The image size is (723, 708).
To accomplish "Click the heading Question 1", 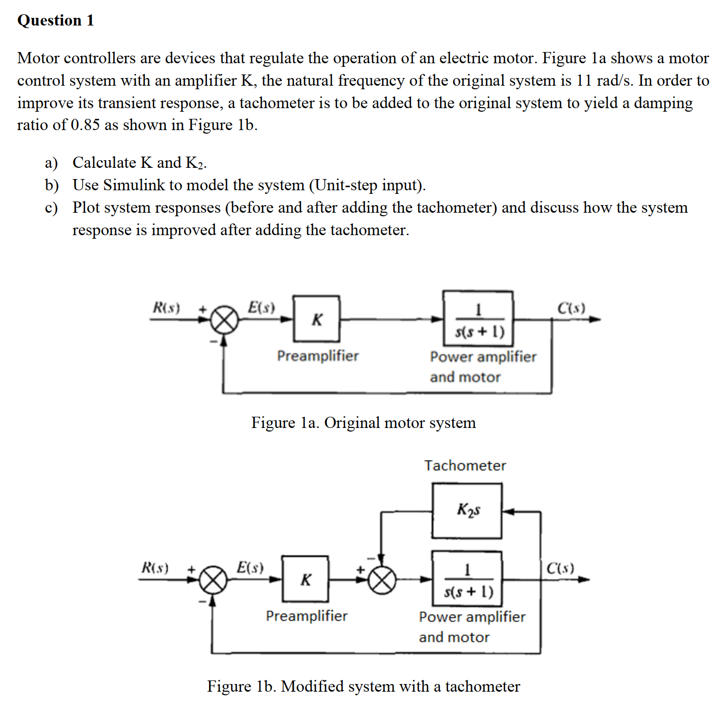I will click(x=56, y=20).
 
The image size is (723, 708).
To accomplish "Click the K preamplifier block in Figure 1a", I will click(x=316, y=319).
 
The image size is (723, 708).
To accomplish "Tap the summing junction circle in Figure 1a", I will click(x=224, y=320).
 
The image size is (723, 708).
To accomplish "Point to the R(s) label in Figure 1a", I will click(x=166, y=308).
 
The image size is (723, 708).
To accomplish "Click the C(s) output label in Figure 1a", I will click(x=571, y=308).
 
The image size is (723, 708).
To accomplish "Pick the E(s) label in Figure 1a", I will click(x=261, y=307).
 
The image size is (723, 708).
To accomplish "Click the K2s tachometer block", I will click(x=467, y=511).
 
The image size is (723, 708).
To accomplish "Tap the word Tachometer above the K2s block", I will click(x=465, y=465).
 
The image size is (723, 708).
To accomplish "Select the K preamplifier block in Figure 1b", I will click(x=305, y=579).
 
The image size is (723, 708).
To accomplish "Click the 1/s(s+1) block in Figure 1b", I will click(x=467, y=579).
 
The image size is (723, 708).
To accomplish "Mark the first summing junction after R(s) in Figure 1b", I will click(x=213, y=580).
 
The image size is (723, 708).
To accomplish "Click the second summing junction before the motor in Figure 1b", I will click(x=382, y=580).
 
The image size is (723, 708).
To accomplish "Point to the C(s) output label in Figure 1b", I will click(x=560, y=568).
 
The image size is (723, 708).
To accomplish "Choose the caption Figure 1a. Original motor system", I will click(x=363, y=423).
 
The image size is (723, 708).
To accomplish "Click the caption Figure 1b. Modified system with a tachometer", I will click(x=363, y=687).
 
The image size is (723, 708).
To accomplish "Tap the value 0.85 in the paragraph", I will click(x=85, y=125).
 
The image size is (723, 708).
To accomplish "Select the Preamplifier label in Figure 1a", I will click(x=318, y=356).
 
